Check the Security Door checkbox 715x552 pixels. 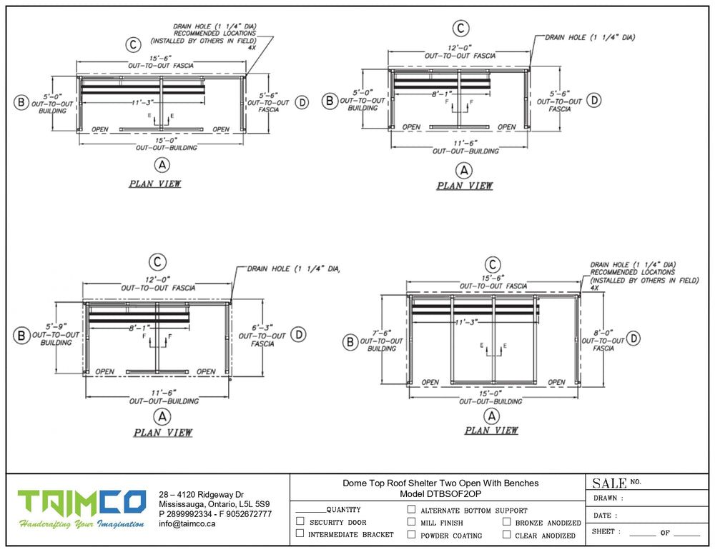tap(300, 522)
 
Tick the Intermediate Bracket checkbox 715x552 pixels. tap(300, 533)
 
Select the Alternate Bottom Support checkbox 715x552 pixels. tap(411, 510)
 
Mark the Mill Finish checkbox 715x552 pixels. tap(411, 522)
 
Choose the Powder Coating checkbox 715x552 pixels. tap(411, 534)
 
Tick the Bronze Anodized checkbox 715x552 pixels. tap(506, 522)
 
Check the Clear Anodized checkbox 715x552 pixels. tap(506, 534)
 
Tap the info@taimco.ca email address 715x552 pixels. tap(187, 523)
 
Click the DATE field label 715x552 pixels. tap(603, 515)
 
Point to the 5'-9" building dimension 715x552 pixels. tap(56, 326)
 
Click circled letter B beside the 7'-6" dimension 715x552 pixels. tap(350, 343)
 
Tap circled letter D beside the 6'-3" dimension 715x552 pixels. tap(300, 333)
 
